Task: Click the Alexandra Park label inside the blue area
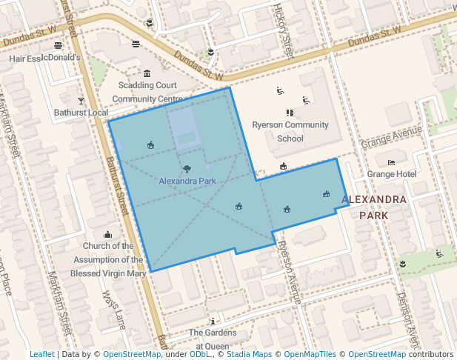point(187,181)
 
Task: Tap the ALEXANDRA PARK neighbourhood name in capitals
point(374,207)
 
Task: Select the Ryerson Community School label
point(290,131)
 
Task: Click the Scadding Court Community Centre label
point(147,92)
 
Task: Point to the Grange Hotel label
point(392,174)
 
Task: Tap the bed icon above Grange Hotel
point(392,162)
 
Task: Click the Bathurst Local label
point(81,113)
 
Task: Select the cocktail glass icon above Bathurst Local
point(81,100)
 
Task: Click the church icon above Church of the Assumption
point(108,235)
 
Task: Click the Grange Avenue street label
point(390,137)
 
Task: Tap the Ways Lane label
point(115,309)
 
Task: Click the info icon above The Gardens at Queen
point(213,321)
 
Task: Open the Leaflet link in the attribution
point(41,354)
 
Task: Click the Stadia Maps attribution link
point(248,354)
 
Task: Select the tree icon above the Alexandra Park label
point(187,169)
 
